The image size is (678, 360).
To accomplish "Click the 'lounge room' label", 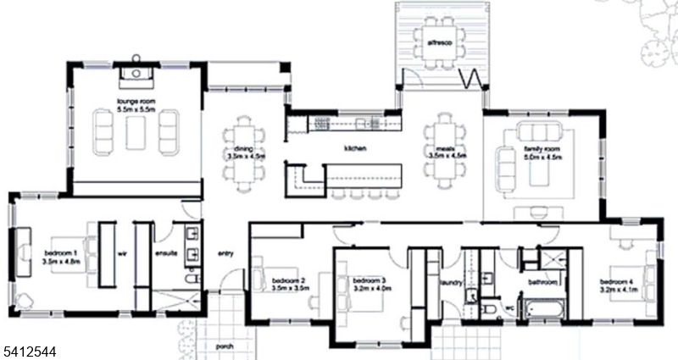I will pos(136,102).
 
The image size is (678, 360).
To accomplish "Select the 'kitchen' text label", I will pos(354,148).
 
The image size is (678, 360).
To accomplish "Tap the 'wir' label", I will pos(121,252).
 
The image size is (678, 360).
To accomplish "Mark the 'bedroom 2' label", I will pos(288,280).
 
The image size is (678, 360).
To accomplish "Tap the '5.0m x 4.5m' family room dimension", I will pos(538,157).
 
